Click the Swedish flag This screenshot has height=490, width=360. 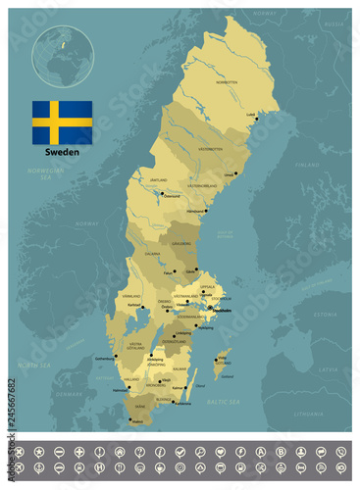point(62,122)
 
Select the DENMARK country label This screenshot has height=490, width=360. point(69,394)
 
